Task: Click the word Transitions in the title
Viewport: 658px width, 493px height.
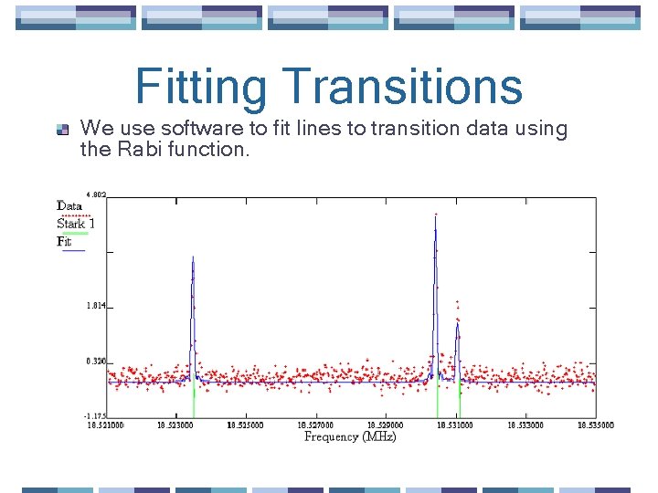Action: [x=405, y=87]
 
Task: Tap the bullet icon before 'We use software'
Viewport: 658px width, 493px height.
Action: [x=62, y=130]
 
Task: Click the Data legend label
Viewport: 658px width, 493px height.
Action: [x=69, y=205]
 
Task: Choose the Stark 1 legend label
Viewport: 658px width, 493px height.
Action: [x=76, y=224]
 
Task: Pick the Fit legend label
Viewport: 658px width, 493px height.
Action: [x=64, y=242]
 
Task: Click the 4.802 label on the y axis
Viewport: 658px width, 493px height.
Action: [x=96, y=194]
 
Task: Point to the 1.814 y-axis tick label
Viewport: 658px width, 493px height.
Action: [x=97, y=306]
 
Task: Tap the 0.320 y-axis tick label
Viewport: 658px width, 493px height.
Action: [x=97, y=362]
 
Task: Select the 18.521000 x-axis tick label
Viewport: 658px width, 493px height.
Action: [x=106, y=425]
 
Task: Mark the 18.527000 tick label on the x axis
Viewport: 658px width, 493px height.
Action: [x=316, y=425]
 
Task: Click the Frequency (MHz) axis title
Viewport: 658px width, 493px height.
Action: [x=350, y=437]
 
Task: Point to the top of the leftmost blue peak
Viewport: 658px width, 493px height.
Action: [x=193, y=258]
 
